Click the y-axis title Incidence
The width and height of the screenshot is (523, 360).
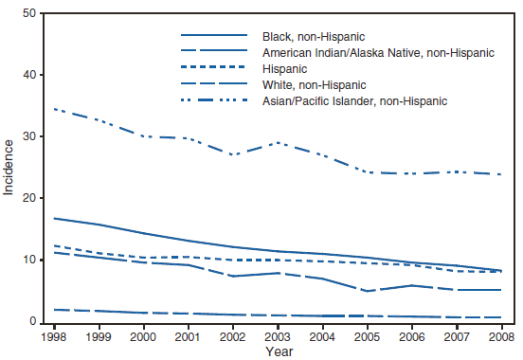coord(10,168)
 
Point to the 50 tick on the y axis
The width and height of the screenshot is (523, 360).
coord(33,13)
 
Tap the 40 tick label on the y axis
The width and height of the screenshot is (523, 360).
coord(33,75)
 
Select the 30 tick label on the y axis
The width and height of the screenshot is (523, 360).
coord(33,136)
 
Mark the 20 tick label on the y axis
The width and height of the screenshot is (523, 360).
coord(33,198)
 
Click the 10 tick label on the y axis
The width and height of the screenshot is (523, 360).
coord(33,261)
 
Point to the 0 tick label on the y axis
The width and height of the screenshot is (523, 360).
coord(37,322)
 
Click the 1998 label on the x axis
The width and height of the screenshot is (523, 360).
coord(54,335)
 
